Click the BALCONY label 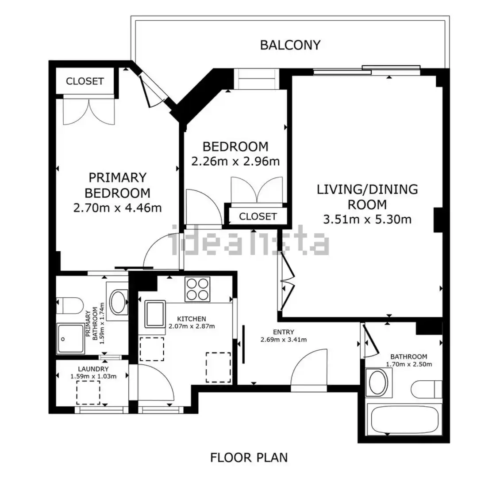click(290, 45)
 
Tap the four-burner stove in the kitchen click(198, 289)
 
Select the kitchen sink click(155, 314)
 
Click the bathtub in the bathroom click(404, 419)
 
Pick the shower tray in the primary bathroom click(70, 339)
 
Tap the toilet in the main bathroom click(427, 389)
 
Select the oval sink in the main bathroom click(377, 382)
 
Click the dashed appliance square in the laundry click(88, 392)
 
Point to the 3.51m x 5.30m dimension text click(367, 219)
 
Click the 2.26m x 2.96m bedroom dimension click(235, 161)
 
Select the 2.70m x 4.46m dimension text click(117, 208)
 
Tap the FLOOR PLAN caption click(249, 458)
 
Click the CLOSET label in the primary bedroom click(85, 81)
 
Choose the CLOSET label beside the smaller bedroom click(258, 216)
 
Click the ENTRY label click(284, 332)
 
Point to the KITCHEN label click(192, 319)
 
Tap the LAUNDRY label click(93, 369)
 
